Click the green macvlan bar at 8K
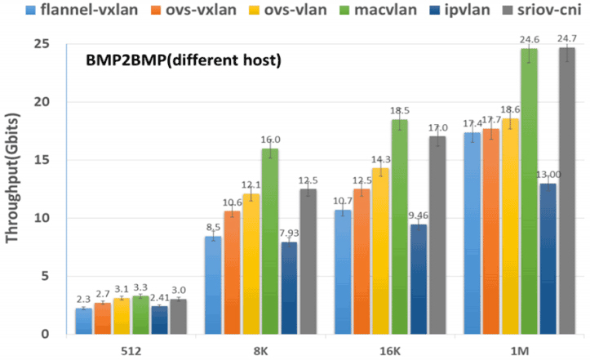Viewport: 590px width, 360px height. pyautogui.click(x=269, y=241)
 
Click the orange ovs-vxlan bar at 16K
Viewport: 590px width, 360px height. pyautogui.click(x=362, y=261)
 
